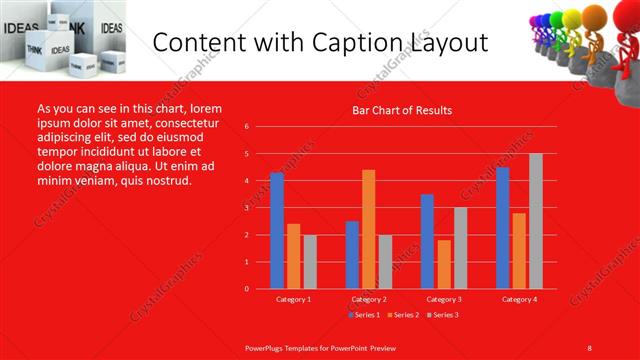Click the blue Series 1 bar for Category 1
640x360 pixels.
pyautogui.click(x=277, y=230)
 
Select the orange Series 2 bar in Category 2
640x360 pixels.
pyautogui.click(x=368, y=229)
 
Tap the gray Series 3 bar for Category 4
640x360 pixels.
pyautogui.click(x=536, y=221)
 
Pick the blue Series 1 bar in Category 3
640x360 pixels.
pyautogui.click(x=427, y=241)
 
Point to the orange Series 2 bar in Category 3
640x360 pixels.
pyautogui.click(x=443, y=264)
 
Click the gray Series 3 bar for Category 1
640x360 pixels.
pyautogui.click(x=310, y=261)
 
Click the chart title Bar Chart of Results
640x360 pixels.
pyautogui.click(x=402, y=110)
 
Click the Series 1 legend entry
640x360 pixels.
pyautogui.click(x=367, y=315)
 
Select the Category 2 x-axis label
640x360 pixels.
pyautogui.click(x=369, y=299)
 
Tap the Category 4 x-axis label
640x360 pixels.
pyautogui.click(x=518, y=299)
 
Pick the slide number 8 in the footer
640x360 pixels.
pyautogui.click(x=589, y=347)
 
